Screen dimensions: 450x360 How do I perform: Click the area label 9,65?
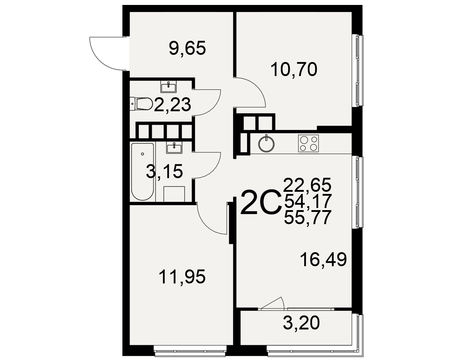[187, 48]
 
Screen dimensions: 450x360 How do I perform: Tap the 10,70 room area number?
[294, 69]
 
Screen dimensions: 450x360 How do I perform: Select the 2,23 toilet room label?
[172, 104]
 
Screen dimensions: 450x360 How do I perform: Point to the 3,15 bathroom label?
[164, 171]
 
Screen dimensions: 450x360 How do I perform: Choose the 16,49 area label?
[324, 260]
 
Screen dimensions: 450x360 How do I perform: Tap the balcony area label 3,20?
[301, 323]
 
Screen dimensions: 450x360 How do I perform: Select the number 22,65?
[307, 184]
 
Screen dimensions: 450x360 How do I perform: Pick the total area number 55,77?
[307, 217]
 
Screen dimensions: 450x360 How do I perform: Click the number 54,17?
[307, 201]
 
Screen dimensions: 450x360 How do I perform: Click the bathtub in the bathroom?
[142, 171]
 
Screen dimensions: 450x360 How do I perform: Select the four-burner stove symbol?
[309, 144]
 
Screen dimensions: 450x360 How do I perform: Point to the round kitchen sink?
[266, 144]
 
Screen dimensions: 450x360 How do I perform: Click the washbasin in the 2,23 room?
[168, 87]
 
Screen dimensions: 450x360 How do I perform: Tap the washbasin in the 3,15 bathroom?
[174, 148]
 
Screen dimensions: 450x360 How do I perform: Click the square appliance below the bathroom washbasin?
[174, 194]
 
